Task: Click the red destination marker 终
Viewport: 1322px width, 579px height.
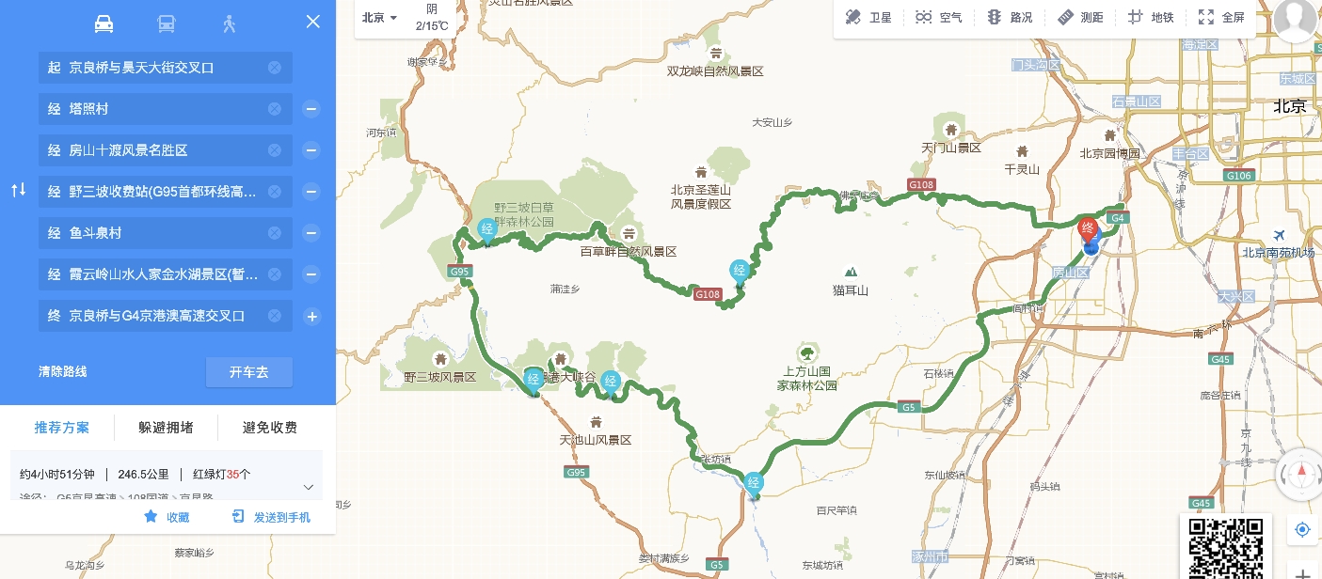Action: [x=1088, y=228]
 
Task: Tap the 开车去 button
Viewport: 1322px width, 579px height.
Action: [x=248, y=372]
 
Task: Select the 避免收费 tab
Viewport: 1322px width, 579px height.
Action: [x=270, y=428]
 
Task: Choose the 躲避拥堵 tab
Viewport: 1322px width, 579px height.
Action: [x=166, y=428]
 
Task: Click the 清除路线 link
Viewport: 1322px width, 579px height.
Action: [x=63, y=372]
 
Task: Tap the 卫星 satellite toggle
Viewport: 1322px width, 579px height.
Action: [x=868, y=17]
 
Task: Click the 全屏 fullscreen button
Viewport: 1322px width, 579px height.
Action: [x=1221, y=17]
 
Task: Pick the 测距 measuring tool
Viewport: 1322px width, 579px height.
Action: [x=1080, y=17]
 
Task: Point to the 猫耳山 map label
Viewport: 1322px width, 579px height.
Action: [x=851, y=290]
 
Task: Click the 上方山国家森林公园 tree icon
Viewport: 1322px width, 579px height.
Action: [x=806, y=353]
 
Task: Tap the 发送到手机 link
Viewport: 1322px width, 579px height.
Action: [x=271, y=517]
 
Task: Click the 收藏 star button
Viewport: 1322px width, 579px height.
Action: [x=167, y=517]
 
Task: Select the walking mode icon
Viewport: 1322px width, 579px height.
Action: [x=229, y=23]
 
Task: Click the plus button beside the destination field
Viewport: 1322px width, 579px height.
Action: [x=311, y=317]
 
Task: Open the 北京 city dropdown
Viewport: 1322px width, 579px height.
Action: [x=380, y=18]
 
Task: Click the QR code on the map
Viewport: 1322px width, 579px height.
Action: [x=1226, y=546]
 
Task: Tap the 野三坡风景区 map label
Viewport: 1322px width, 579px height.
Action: [x=440, y=377]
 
